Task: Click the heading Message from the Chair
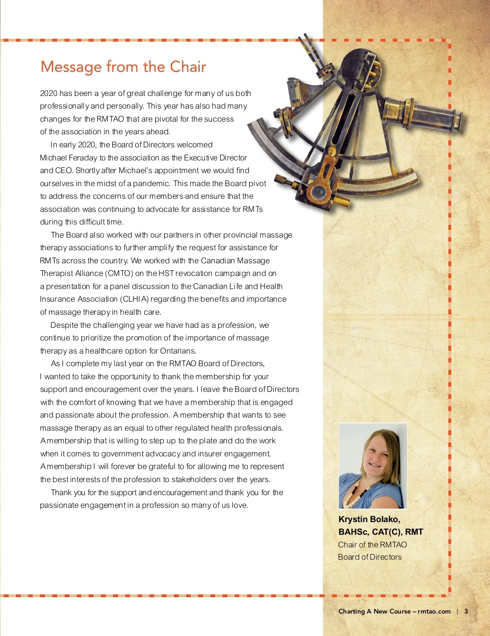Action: pos(123,67)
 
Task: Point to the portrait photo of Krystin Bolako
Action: pos(373,465)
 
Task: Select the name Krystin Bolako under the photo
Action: pos(369,519)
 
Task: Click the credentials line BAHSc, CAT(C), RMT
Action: pos(381,532)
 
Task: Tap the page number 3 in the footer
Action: pos(466,611)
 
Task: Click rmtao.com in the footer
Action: pos(434,611)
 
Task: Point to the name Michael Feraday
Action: pos(69,158)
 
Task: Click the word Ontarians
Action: pos(178,351)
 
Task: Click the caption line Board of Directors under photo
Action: pos(370,557)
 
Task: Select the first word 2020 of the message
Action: pos(49,93)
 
